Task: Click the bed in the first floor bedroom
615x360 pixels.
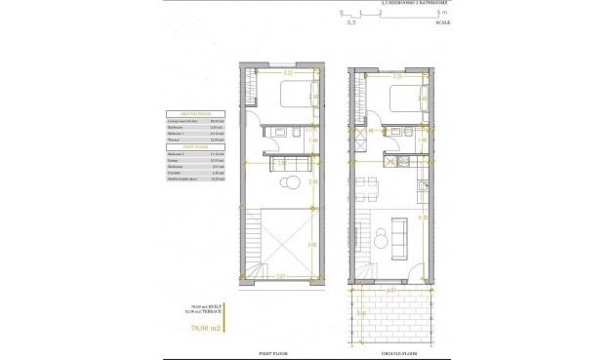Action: (292, 97)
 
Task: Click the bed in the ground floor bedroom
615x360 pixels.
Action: (400, 98)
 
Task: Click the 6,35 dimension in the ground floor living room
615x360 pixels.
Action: (420, 218)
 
